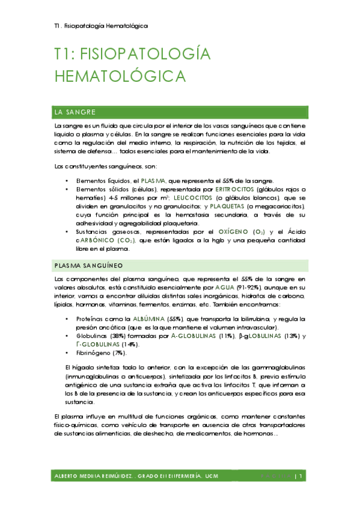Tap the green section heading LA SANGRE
tap(75, 112)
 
